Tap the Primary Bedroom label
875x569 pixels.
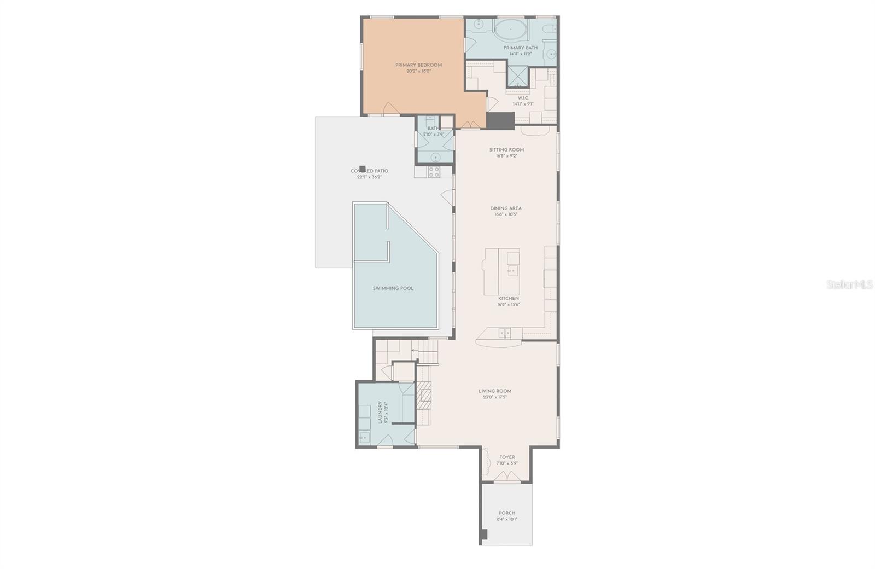click(x=418, y=65)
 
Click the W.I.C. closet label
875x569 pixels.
click(x=523, y=98)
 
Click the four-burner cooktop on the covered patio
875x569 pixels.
click(x=434, y=172)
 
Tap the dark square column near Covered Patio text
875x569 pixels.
click(x=362, y=169)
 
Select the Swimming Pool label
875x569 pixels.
click(x=393, y=288)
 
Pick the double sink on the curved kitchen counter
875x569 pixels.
click(x=505, y=332)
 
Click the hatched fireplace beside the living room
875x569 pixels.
click(x=424, y=396)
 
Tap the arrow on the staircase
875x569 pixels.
click(x=415, y=350)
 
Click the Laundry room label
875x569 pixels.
click(x=380, y=413)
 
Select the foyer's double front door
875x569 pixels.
click(x=506, y=478)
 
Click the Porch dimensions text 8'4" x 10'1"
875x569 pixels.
click(x=507, y=519)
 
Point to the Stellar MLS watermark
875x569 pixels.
click(x=849, y=284)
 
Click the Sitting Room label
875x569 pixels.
click(x=506, y=149)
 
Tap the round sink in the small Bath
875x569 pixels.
click(x=435, y=158)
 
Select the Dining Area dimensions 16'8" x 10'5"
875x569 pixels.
click(x=506, y=214)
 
